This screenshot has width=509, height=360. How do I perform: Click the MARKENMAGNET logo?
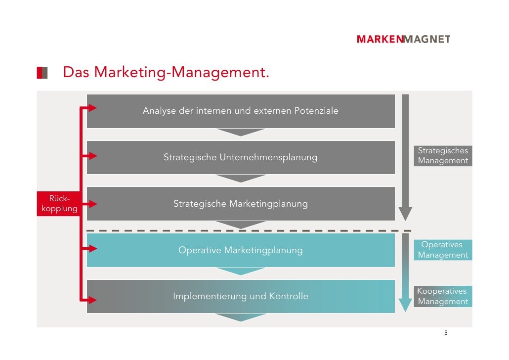pos(403,40)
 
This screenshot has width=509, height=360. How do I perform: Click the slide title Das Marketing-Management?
pos(166,73)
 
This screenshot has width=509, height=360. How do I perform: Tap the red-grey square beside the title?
pos(42,73)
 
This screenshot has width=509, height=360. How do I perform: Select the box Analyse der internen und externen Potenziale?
pos(241,111)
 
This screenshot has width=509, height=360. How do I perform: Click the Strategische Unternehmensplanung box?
pos(241,158)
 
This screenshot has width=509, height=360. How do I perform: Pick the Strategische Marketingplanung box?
pos(241,204)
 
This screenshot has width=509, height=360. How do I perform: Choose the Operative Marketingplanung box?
pos(241,250)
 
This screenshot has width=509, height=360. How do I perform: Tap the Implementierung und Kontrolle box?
pos(241,297)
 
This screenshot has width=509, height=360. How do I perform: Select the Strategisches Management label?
pos(443,156)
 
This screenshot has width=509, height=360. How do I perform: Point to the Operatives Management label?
pos(443,250)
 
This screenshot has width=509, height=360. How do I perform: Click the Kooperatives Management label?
pos(443,297)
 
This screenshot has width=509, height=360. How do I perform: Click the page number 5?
pos(445,333)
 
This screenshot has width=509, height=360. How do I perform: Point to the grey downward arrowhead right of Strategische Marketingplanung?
pos(405,214)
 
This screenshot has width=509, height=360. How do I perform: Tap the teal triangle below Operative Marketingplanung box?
pos(241,271)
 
